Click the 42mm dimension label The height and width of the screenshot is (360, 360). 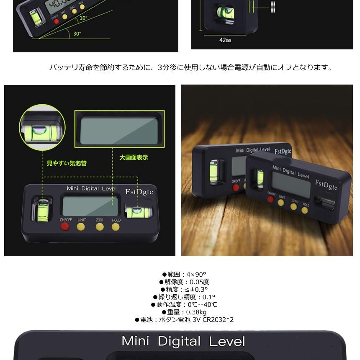click(x=225, y=41)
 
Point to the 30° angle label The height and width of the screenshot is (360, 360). click(x=77, y=34)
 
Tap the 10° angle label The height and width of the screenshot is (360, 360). click(x=84, y=18)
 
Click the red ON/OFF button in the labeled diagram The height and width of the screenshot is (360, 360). click(x=65, y=226)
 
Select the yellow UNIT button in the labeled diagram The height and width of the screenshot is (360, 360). click(x=81, y=226)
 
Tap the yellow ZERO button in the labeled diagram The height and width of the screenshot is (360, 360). click(x=99, y=226)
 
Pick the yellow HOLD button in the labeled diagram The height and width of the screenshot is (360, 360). click(x=116, y=226)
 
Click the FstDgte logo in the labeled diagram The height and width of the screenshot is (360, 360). click(x=139, y=191)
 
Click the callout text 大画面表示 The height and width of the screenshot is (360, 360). click(x=134, y=157)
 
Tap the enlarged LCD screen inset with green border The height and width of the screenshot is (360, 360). click(x=118, y=129)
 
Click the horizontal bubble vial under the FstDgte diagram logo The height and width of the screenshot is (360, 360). click(x=135, y=211)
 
